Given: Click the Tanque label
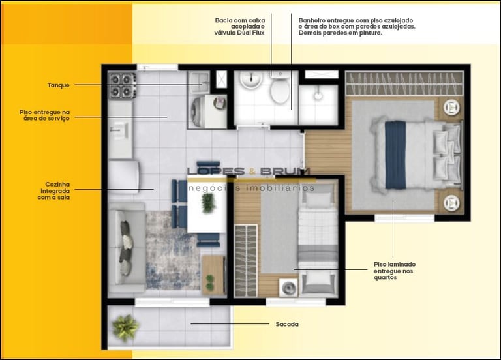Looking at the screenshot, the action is click(x=59, y=85).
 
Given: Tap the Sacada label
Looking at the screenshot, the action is click(x=287, y=324).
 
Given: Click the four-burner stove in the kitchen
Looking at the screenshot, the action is click(x=122, y=85).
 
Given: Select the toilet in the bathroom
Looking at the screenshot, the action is click(x=281, y=87).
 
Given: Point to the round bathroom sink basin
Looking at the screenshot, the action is click(x=251, y=80).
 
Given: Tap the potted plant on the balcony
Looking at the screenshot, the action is click(x=125, y=327).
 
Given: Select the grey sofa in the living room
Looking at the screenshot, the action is click(x=127, y=248).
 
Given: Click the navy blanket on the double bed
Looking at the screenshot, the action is click(x=395, y=155).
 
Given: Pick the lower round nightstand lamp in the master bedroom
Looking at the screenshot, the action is click(x=452, y=203).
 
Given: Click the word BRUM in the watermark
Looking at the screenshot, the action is click(x=285, y=172).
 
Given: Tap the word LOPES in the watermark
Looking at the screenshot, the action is click(x=216, y=172).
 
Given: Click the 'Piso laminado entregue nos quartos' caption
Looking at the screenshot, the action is click(x=395, y=271).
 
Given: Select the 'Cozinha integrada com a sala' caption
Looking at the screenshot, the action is click(x=55, y=190).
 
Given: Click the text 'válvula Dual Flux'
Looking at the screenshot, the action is click(x=239, y=33).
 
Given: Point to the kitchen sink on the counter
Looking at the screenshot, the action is click(x=119, y=130).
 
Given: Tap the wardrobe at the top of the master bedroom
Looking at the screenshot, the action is click(x=404, y=83).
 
